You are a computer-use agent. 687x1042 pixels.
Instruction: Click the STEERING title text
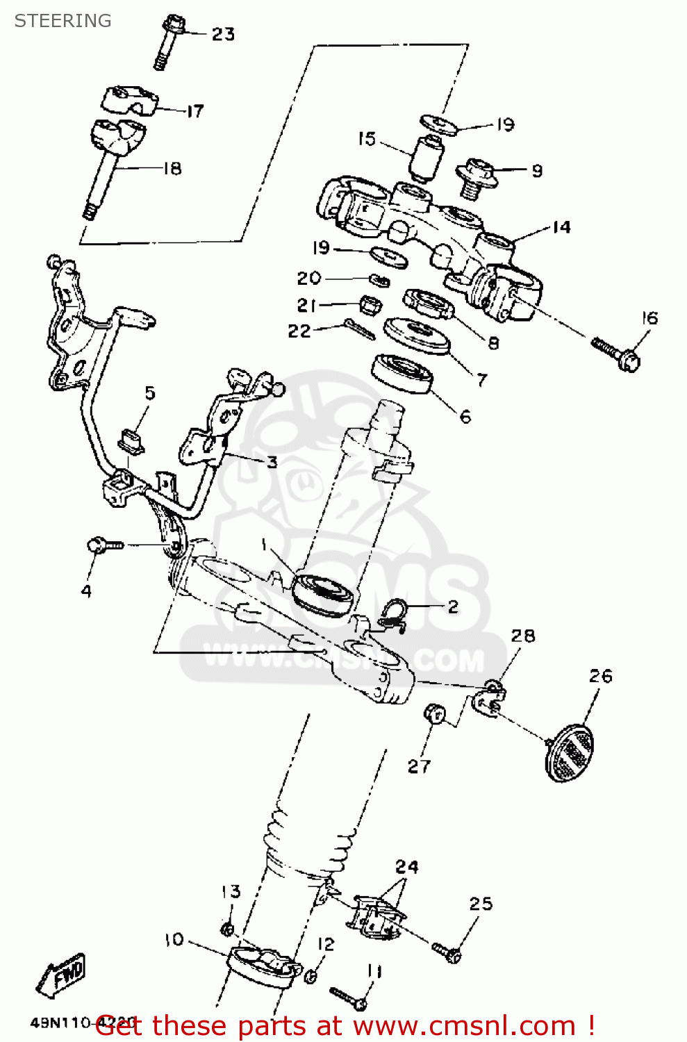[x=63, y=21]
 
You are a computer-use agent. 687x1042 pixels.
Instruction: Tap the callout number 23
[x=223, y=34]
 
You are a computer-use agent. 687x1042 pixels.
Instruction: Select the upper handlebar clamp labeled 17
[x=130, y=100]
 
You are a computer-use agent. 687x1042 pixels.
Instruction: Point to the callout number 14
[x=561, y=227]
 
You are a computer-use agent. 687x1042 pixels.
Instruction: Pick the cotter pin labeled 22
[x=360, y=329]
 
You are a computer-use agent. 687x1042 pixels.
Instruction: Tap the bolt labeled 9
[x=476, y=174]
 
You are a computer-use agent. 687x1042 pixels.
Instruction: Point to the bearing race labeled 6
[x=403, y=374]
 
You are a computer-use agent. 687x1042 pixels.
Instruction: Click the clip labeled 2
[x=395, y=615]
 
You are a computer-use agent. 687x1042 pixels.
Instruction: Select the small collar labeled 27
[x=435, y=713]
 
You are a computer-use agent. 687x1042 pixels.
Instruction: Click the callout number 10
[x=174, y=940]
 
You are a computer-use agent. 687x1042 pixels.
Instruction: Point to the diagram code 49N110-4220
[x=82, y=1023]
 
